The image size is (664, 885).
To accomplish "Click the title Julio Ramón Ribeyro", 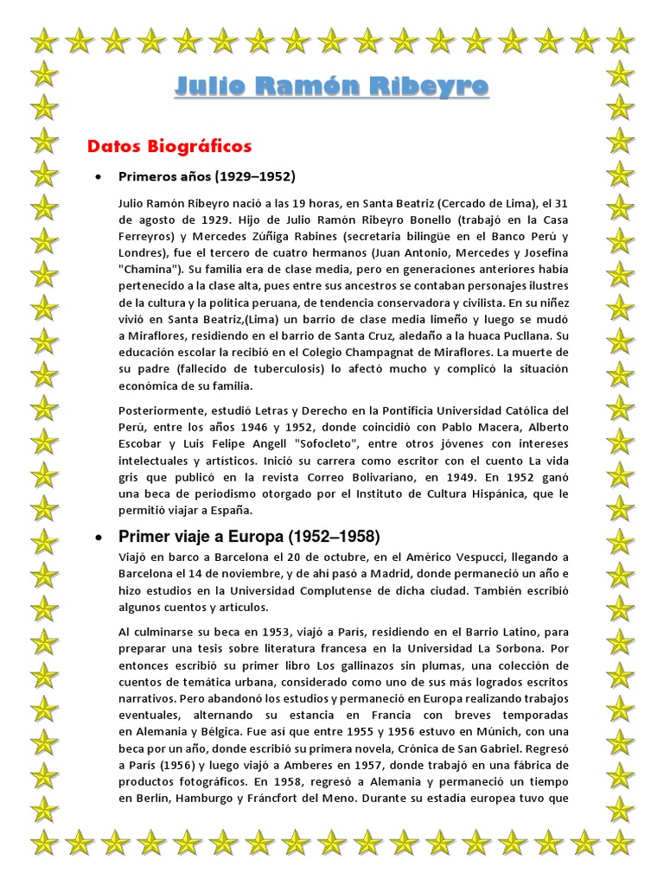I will (332, 86).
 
